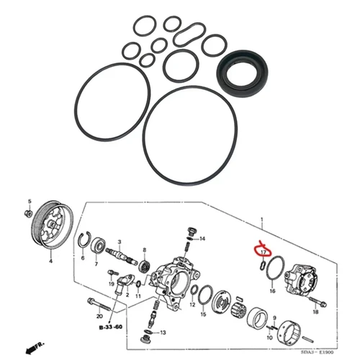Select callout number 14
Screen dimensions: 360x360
(x=203, y=238)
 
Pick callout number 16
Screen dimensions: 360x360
(x=272, y=292)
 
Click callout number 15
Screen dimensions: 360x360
(x=204, y=315)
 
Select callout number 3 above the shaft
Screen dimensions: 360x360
(x=119, y=244)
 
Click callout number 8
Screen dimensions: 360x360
(x=144, y=250)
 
